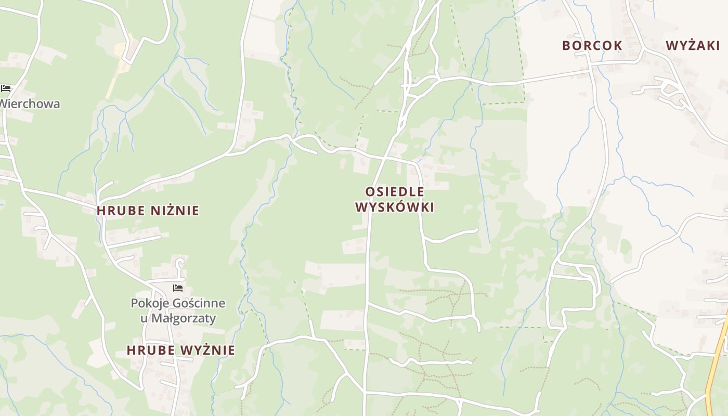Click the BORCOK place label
click(x=592, y=46)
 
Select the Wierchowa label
click(x=30, y=104)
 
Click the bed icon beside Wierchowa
click(x=6, y=88)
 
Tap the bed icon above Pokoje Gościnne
click(x=178, y=288)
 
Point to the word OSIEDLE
click(x=395, y=192)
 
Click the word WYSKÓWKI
click(x=395, y=207)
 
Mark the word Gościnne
click(x=199, y=303)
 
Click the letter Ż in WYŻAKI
click(x=689, y=46)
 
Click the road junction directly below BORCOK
click(x=591, y=66)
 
